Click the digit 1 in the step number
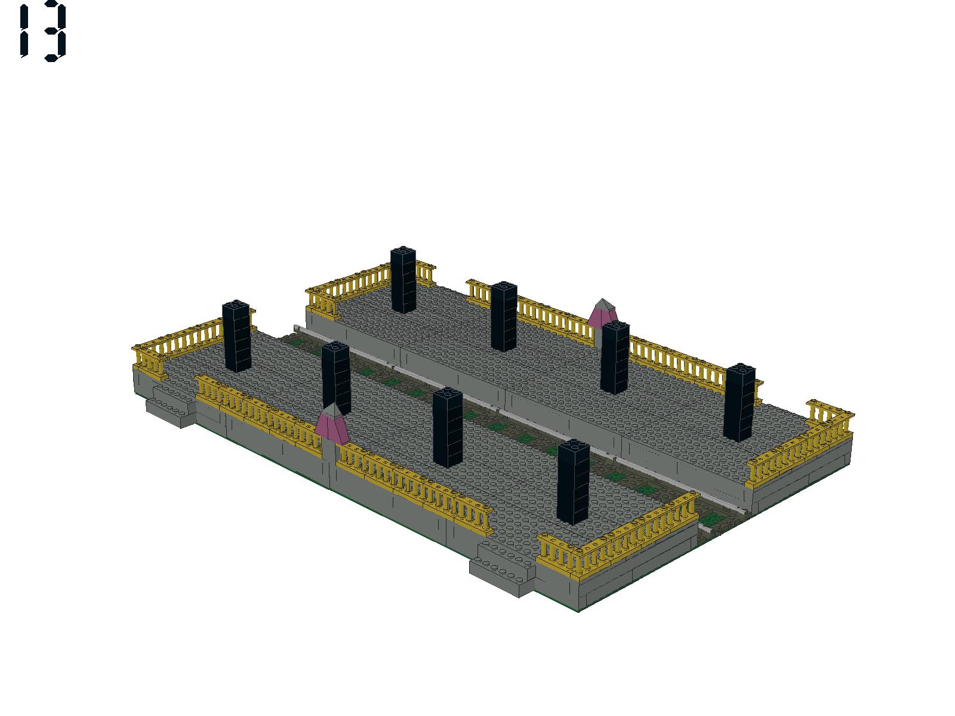[x=24, y=31]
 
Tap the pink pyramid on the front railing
[x=331, y=424]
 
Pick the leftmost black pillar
[x=237, y=336]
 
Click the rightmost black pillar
[x=739, y=403]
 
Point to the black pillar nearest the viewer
[x=574, y=482]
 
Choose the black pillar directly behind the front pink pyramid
[x=336, y=377]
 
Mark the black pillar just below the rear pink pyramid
[x=615, y=358]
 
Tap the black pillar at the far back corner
[x=403, y=279]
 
